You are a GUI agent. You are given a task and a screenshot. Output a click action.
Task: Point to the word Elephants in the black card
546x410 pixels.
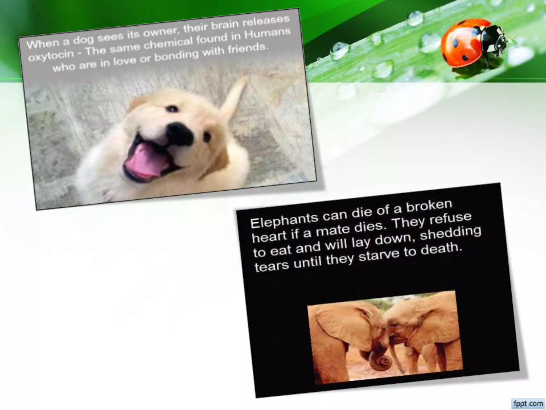coord(284,220)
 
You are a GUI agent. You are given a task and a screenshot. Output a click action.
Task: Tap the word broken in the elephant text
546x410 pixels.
coord(429,206)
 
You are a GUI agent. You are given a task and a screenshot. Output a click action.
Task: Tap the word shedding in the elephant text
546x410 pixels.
coord(451,233)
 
